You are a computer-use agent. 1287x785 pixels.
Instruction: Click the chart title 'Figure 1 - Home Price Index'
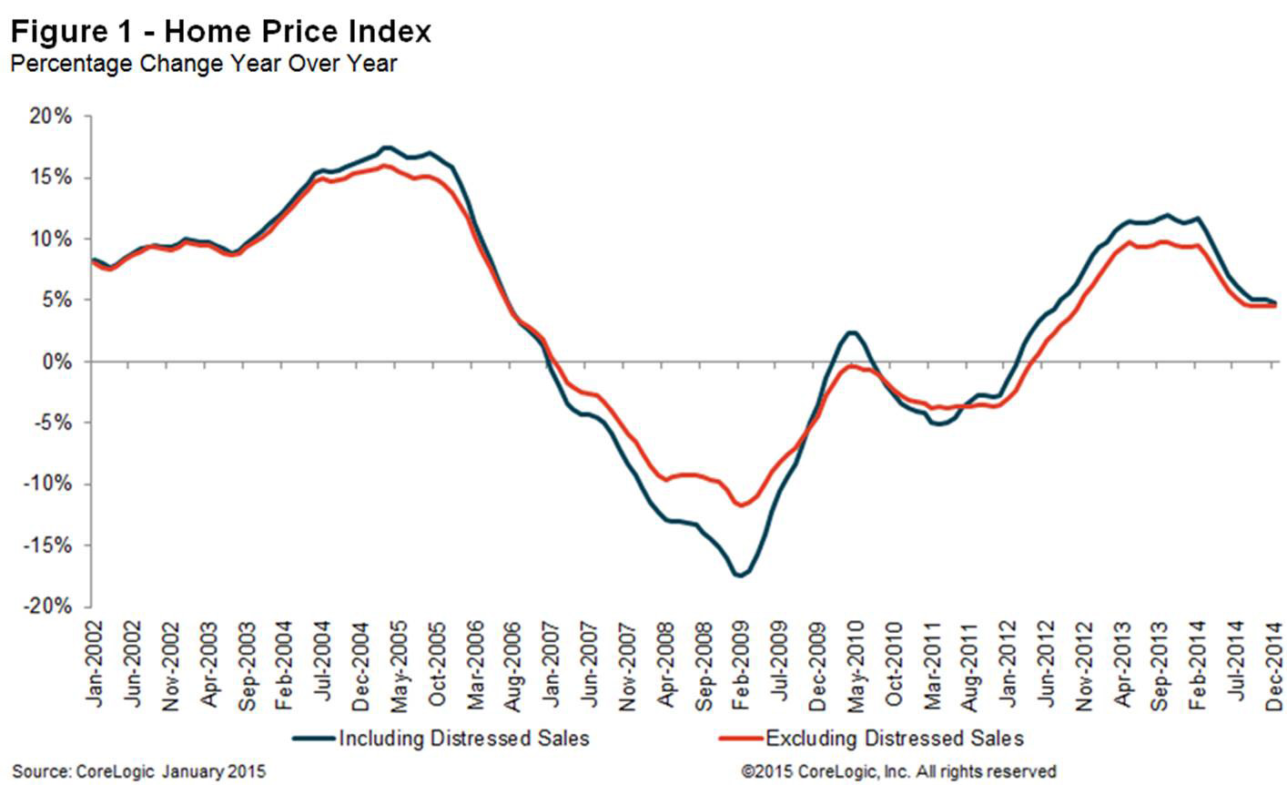220,32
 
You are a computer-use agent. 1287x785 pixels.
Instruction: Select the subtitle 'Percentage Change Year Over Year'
203,64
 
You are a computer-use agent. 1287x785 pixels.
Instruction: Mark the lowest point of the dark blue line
739,576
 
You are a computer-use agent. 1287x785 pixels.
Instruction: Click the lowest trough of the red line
740,505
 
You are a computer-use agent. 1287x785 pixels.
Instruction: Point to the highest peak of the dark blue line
387,147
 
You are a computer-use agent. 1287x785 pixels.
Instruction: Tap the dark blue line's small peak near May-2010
851,332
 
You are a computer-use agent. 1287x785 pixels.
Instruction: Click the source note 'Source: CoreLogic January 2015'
138,771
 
